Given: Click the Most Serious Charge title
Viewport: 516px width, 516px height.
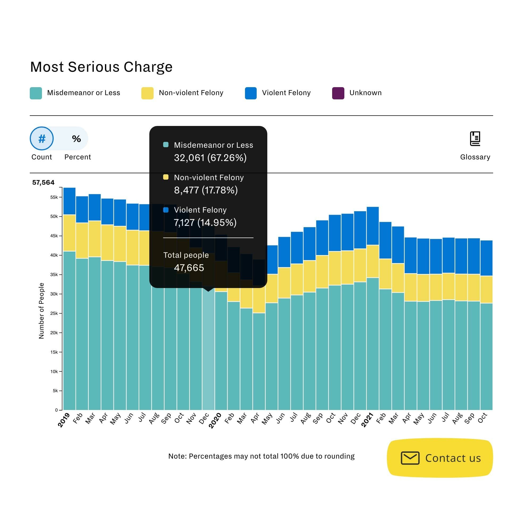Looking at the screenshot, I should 101,67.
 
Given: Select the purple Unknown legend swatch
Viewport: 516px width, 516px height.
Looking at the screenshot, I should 338,93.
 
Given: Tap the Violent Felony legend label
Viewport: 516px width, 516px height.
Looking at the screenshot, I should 286,93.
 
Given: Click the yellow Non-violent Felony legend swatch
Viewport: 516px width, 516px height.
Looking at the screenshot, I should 147,93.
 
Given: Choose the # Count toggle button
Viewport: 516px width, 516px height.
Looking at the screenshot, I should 42,138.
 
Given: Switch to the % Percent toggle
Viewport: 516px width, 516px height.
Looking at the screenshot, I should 76,138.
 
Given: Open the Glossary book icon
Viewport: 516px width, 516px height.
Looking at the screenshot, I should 475,138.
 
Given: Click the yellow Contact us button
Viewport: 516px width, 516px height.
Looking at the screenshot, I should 440,458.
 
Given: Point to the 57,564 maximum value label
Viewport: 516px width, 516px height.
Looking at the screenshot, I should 43,183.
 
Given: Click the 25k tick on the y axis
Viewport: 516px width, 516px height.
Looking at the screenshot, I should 54,313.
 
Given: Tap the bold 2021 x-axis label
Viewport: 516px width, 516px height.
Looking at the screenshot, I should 367,420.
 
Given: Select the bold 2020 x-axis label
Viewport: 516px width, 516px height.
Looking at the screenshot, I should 215,421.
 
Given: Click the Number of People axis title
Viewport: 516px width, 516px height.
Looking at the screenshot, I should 41,311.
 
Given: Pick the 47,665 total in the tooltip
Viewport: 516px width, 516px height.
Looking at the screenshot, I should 189,268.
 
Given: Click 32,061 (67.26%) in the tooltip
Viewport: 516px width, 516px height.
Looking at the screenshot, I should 210,158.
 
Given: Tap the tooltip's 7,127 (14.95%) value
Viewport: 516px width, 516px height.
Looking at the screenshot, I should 205,222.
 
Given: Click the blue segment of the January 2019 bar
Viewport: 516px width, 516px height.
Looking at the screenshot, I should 69,201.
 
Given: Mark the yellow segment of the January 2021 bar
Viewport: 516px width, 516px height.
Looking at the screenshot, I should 373,261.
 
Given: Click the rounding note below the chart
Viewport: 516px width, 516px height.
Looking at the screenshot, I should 261,456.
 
